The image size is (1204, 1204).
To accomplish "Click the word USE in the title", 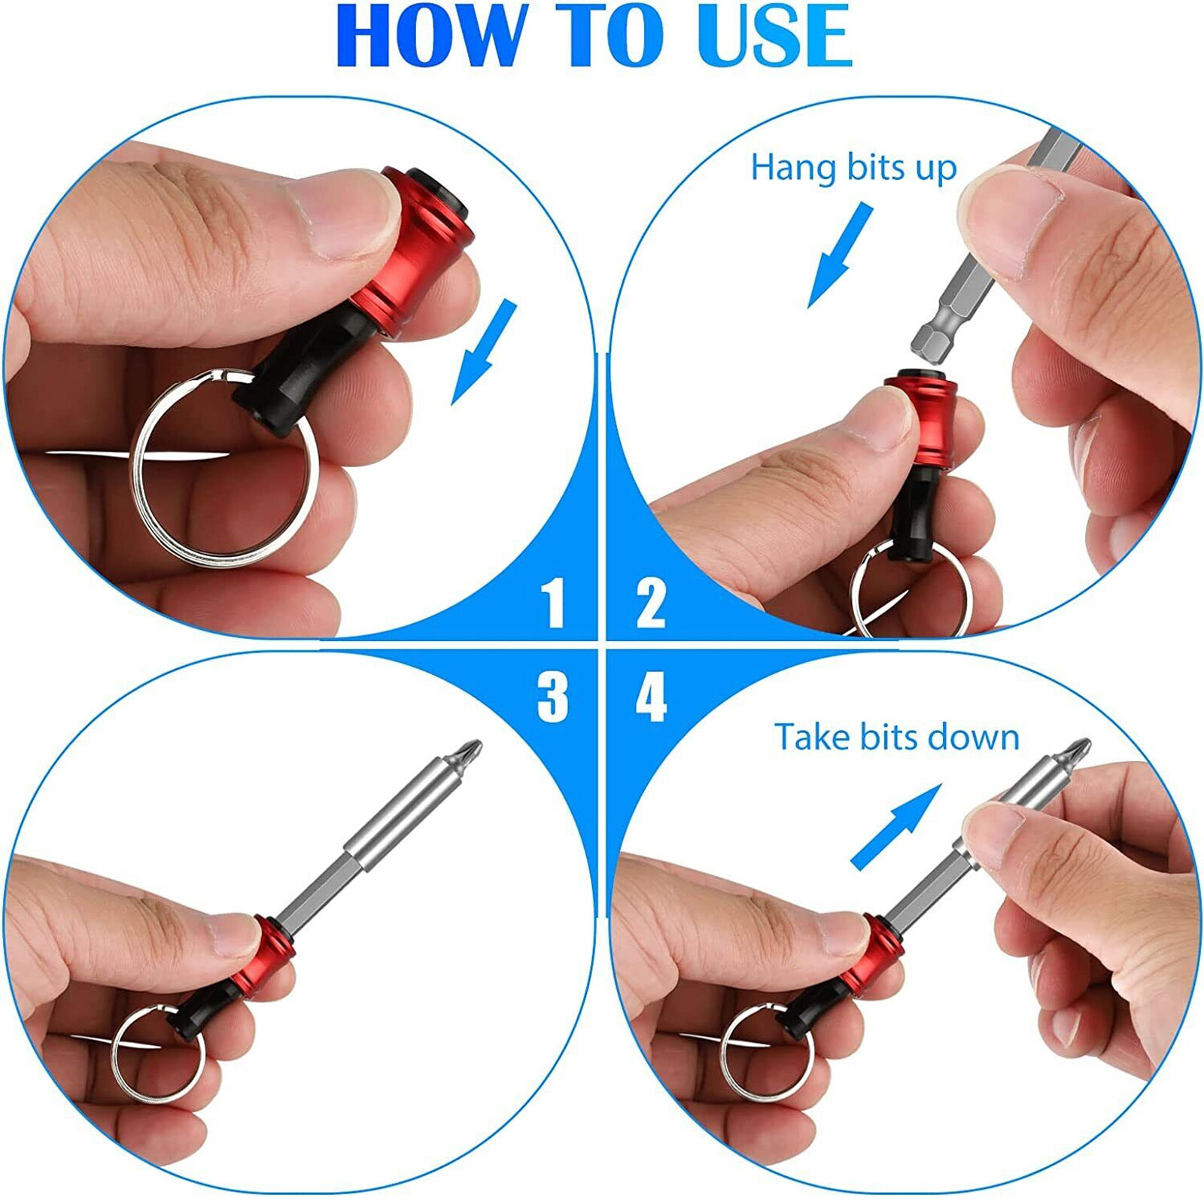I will coord(775,35).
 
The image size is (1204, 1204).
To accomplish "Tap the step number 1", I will coord(553,603).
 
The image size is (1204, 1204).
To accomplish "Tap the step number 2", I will coord(651,603).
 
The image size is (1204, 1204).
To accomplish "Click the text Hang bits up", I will coord(853,167).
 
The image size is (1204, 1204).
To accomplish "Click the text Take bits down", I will coord(896,737).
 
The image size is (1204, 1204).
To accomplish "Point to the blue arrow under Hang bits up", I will coord(839,256).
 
